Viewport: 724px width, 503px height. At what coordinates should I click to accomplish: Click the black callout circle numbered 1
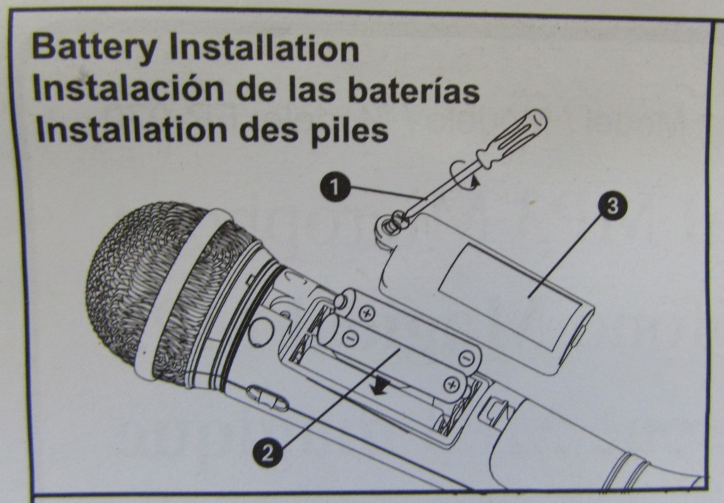click(334, 187)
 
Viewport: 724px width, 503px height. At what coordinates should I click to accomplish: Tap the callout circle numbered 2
click(267, 452)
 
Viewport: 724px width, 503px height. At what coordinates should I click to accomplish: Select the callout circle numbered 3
click(613, 206)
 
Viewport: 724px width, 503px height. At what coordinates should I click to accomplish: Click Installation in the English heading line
click(264, 48)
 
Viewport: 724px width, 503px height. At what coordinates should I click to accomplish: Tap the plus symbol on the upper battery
click(368, 315)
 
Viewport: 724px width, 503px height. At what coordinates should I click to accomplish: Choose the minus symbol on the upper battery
click(467, 357)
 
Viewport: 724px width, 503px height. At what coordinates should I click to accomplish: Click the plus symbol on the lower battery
click(452, 384)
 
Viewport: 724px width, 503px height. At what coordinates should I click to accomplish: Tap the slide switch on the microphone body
click(267, 398)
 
